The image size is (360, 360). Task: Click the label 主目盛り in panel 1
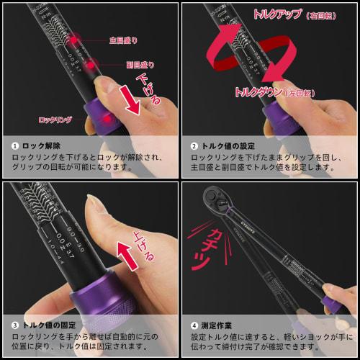coord(123,40)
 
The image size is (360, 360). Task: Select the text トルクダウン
coord(259,92)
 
